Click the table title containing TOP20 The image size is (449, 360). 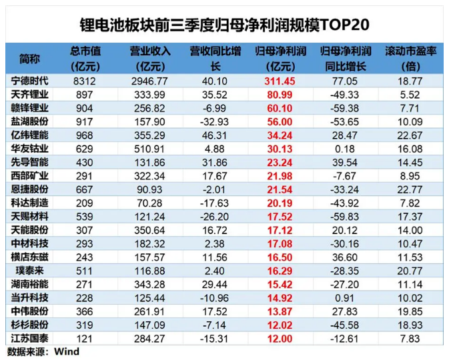click(x=224, y=25)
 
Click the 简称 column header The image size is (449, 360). click(x=30, y=58)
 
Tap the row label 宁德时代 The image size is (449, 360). click(x=30, y=81)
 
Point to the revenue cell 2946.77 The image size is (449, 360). click(x=150, y=81)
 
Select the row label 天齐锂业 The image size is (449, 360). click(x=30, y=94)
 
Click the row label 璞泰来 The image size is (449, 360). click(x=30, y=271)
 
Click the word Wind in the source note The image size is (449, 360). click(x=66, y=351)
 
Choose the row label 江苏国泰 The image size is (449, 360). click(x=30, y=339)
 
